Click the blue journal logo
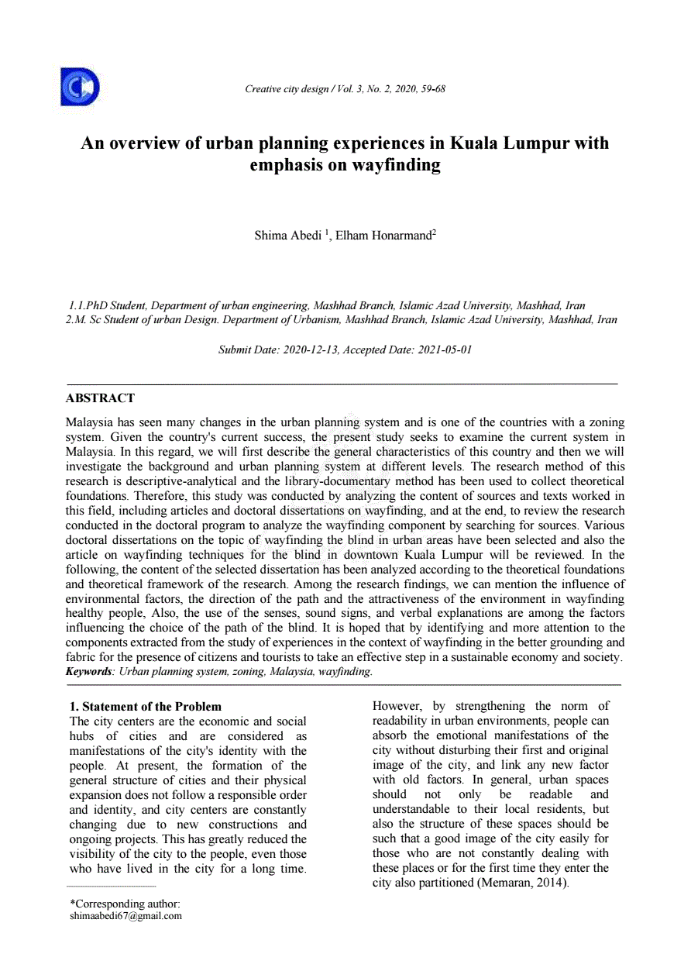[80, 87]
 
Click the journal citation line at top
[345, 89]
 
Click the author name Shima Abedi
[287, 236]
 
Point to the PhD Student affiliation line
[327, 306]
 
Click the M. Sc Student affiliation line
[342, 320]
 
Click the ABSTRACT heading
[100, 398]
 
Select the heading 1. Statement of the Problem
[146, 707]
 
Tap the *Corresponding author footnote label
[125, 904]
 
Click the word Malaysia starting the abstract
[89, 423]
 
